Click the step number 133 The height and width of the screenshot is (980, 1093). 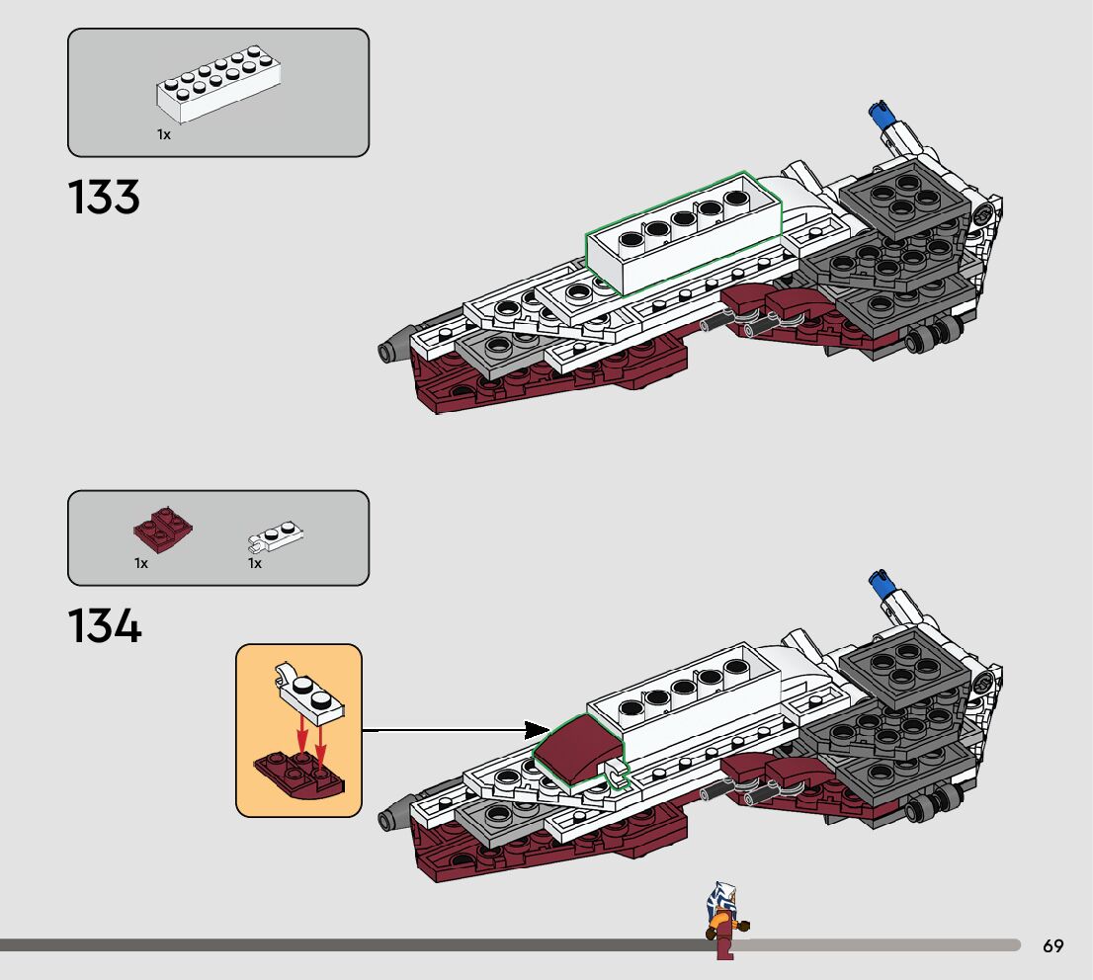pos(104,198)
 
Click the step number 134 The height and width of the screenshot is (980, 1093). pos(104,626)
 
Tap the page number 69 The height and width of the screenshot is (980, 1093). pos(1052,946)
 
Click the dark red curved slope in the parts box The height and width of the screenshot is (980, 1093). pos(162,531)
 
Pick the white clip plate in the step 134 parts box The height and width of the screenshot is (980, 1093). pos(275,535)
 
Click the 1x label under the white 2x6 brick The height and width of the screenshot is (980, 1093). pos(163,134)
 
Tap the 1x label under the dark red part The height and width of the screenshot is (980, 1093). pos(141,563)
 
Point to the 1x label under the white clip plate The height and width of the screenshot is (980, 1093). pos(254,563)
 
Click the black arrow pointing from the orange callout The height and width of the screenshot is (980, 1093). pos(455,731)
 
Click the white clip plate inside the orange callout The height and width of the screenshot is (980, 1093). pos(310,697)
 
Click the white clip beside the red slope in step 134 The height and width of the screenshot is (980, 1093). pos(616,775)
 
